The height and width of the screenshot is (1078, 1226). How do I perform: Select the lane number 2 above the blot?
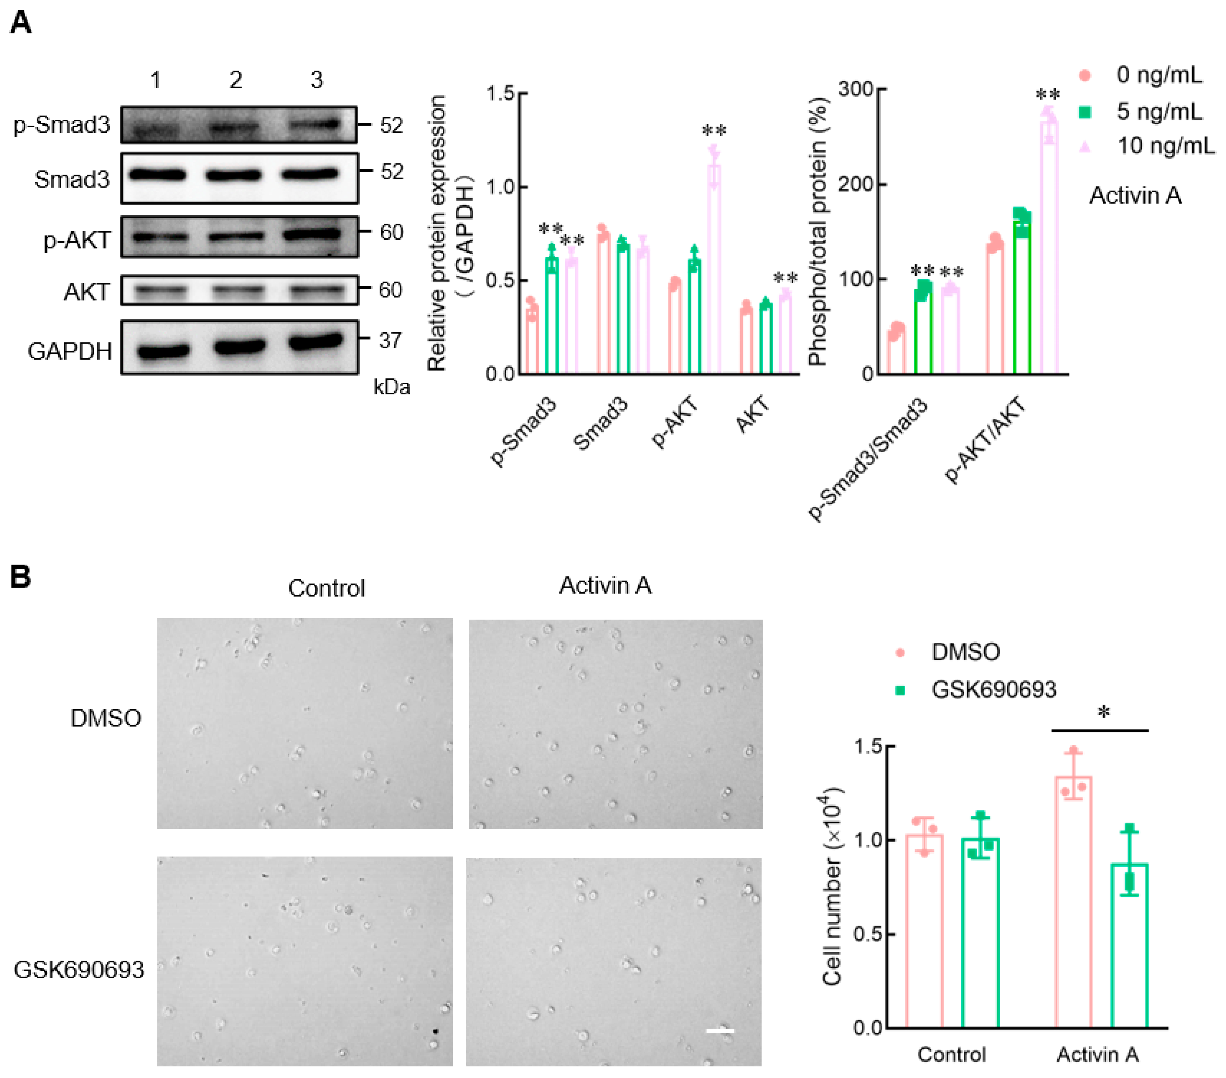[x=236, y=80]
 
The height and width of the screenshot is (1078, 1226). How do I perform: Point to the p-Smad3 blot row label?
[x=62, y=125]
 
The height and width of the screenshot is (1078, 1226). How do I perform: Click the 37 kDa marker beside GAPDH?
[x=390, y=340]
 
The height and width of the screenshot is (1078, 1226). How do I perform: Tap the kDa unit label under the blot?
[x=392, y=387]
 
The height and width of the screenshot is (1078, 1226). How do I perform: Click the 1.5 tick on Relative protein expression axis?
[x=500, y=94]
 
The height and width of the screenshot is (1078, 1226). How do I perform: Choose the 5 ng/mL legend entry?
[x=1158, y=112]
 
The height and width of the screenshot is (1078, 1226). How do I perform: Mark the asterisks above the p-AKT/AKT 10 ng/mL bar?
[x=1048, y=95]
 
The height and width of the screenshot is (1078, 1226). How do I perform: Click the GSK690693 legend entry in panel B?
[x=993, y=690]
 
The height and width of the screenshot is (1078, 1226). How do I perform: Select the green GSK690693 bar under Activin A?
[x=1130, y=946]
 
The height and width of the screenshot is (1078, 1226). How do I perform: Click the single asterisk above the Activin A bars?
[x=1103, y=713]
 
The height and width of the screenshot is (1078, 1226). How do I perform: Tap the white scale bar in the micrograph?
[x=720, y=1030]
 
